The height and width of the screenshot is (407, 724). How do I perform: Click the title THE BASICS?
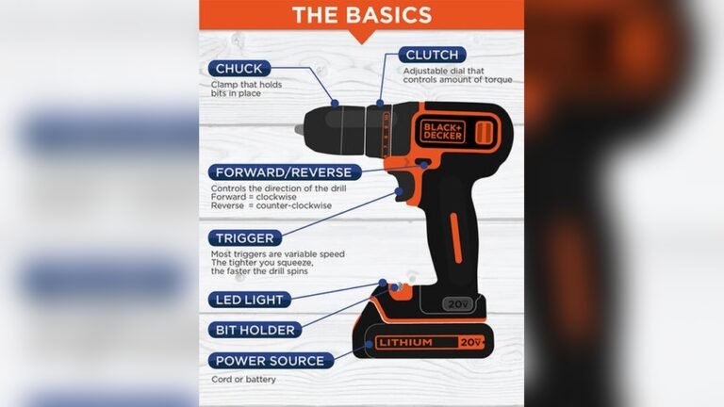362,15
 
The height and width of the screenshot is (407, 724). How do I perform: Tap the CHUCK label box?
239,69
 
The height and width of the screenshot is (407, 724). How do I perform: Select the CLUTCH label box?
433,55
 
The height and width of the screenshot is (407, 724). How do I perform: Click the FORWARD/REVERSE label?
284,172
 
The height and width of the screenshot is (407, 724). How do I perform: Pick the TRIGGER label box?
244,238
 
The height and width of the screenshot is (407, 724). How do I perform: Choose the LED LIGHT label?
249,300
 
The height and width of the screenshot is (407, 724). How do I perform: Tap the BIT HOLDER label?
255,330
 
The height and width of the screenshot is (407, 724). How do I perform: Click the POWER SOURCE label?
269,360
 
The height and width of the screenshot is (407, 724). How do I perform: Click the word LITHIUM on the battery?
405,342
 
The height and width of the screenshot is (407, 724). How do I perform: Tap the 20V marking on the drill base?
458,304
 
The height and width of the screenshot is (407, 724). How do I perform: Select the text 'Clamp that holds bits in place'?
247,90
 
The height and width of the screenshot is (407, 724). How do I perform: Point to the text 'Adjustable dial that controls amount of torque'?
457,75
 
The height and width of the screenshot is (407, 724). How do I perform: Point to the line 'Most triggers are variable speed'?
278,253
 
